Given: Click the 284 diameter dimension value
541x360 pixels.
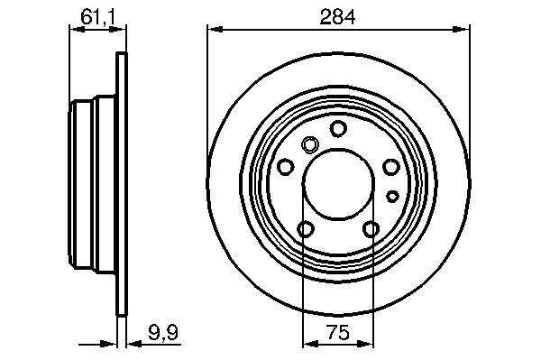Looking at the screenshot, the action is pyautogui.click(x=337, y=17).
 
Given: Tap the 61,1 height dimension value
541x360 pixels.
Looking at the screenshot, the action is pyautogui.click(x=97, y=17).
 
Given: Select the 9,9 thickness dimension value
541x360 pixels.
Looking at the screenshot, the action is pyautogui.click(x=163, y=333).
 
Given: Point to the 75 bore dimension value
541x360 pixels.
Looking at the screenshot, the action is pyautogui.click(x=338, y=333).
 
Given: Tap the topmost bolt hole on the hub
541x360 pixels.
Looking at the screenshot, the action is pyautogui.click(x=338, y=128).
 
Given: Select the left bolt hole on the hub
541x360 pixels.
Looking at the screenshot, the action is pyautogui.click(x=286, y=167).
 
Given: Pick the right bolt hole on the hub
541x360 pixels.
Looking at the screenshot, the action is pyautogui.click(x=391, y=167).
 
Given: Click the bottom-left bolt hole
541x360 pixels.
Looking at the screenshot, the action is pyautogui.click(x=306, y=229).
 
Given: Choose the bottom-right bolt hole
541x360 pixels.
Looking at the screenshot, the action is pyautogui.click(x=371, y=229).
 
